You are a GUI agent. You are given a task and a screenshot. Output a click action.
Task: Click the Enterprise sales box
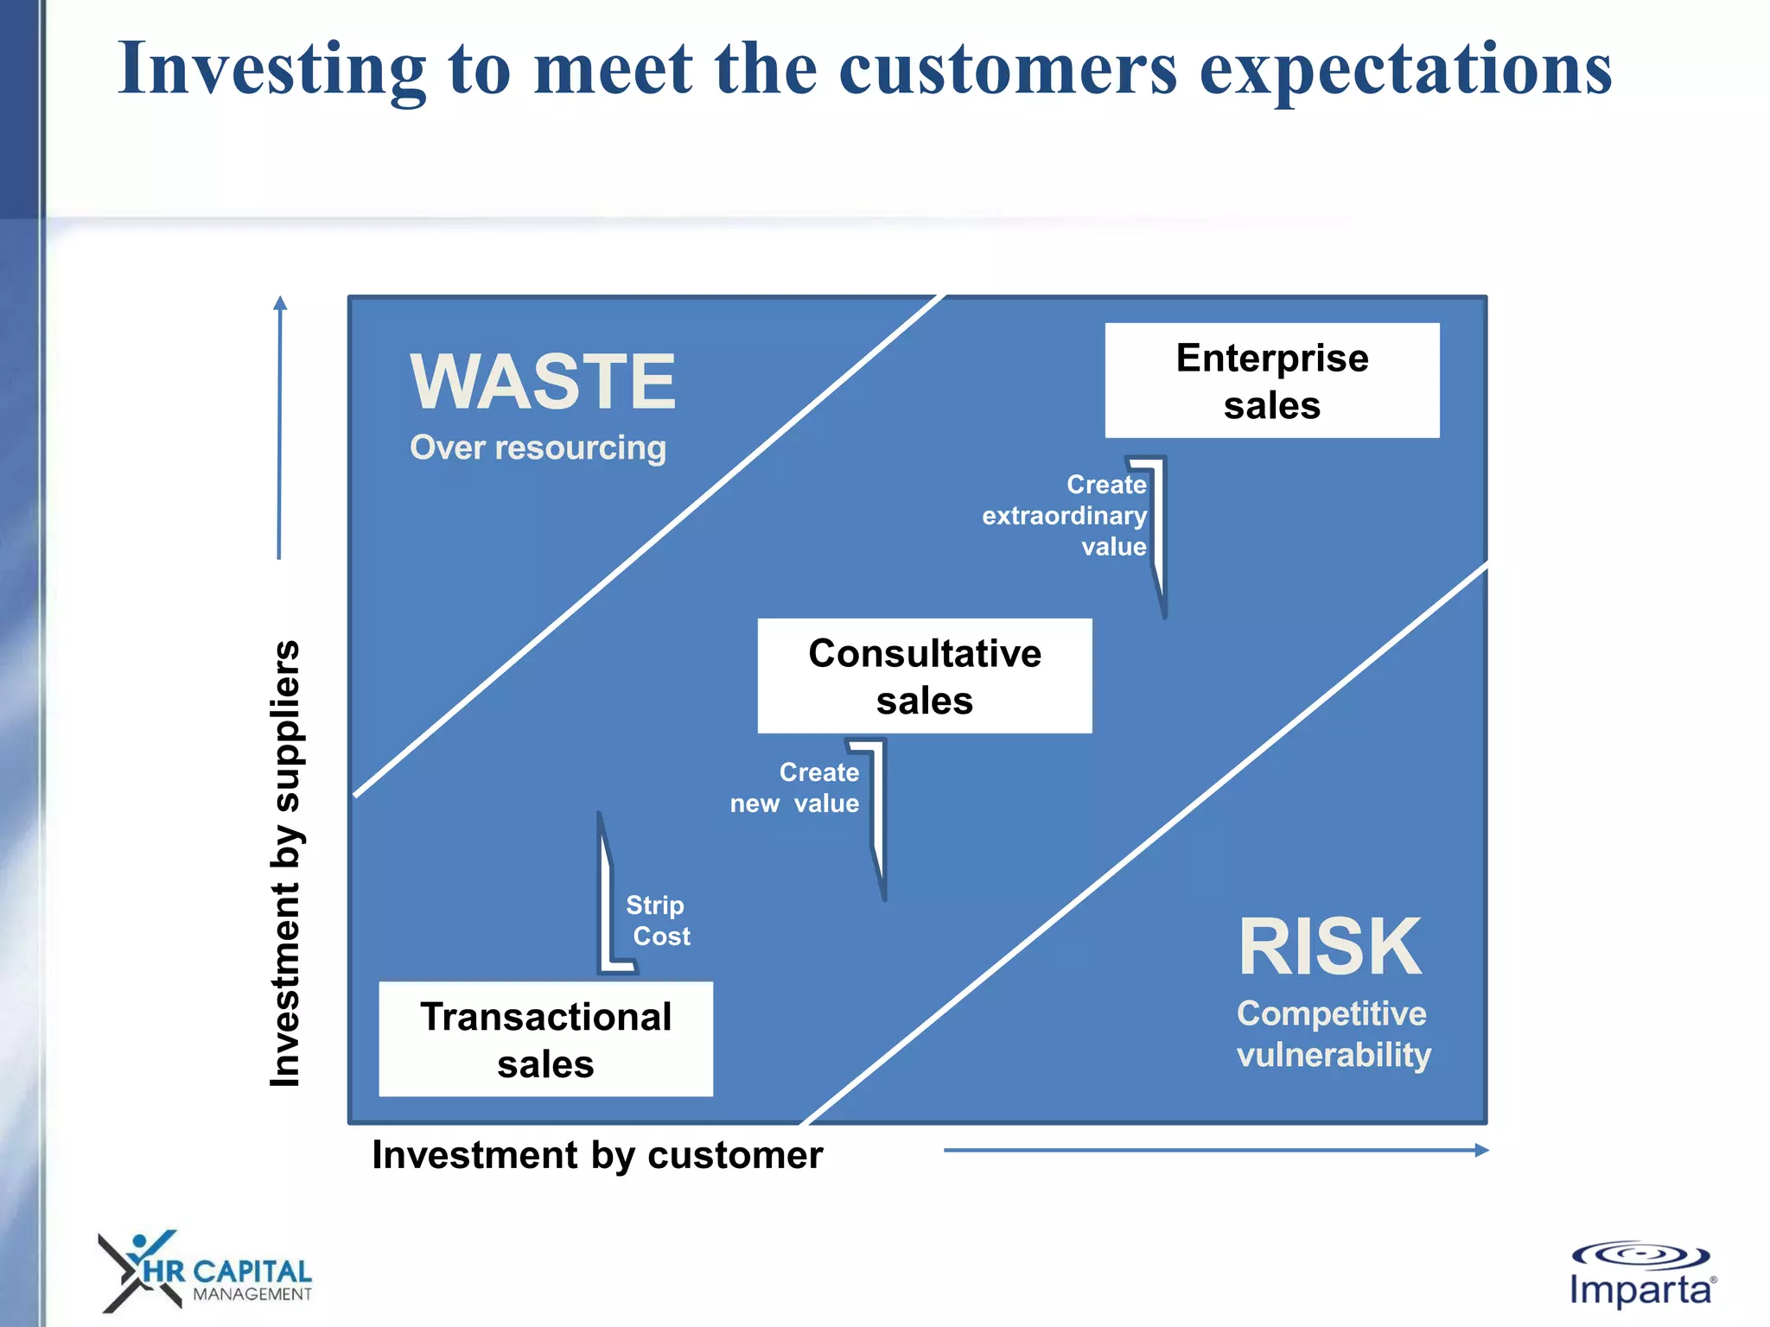1271,381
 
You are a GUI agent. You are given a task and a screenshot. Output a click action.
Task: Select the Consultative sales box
924,676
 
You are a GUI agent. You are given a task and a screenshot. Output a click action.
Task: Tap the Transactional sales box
545,1039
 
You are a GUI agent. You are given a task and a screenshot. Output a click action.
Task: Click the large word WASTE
542,382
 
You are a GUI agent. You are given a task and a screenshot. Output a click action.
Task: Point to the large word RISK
1329,948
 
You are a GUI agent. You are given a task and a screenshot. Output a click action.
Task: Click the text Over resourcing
538,448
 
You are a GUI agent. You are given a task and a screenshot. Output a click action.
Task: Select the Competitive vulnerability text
1333,1034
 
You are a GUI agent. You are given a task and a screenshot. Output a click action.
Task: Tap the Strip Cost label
658,921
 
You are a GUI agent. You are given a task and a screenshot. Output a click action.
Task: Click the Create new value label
795,788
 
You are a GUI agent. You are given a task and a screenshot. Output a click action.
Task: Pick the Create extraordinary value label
1066,516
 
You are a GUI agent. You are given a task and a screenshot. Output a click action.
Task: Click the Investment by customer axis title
597,1155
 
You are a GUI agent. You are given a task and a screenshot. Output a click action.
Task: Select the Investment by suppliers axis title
286,863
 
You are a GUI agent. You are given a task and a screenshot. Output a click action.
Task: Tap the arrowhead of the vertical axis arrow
279,303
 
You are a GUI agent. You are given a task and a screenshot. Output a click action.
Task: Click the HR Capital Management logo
204,1272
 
